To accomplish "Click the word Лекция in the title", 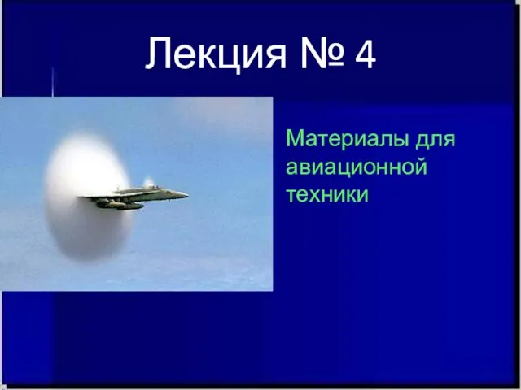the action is pyautogui.click(x=215, y=53).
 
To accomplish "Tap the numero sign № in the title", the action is pyautogui.click(x=322, y=53).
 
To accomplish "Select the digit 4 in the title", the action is pyautogui.click(x=366, y=53).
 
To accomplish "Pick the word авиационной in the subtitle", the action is pyautogui.click(x=357, y=167).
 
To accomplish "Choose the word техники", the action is pyautogui.click(x=327, y=195).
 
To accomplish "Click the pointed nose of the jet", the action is pyautogui.click(x=187, y=195).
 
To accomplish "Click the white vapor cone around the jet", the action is pyautogui.click(x=87, y=197).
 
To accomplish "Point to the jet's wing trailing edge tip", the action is pyautogui.click(x=81, y=197).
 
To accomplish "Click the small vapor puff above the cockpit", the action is pyautogui.click(x=148, y=181).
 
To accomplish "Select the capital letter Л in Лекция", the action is pyautogui.click(x=158, y=54).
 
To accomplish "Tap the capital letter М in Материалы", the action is pyautogui.click(x=296, y=139).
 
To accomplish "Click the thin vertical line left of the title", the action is pyautogui.click(x=52, y=81).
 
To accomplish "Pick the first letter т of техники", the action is pyautogui.click(x=291, y=195).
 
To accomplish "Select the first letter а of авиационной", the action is pyautogui.click(x=291, y=167).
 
